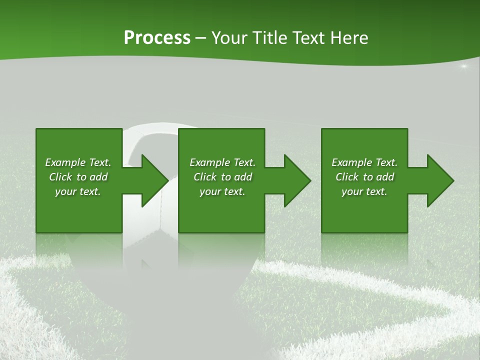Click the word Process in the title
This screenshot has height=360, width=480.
pos(157,38)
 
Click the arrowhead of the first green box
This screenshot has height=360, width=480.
pos(152,180)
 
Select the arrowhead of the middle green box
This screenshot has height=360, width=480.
pos(295,180)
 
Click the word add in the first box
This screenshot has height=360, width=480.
pos(98,177)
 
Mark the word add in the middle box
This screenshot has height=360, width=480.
pos(243,177)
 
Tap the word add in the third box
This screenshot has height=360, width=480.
pos(385,177)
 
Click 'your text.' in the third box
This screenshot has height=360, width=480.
pos(364,192)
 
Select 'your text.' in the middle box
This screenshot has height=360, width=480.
pos(222,192)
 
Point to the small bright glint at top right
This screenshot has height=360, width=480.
pos(463,66)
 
